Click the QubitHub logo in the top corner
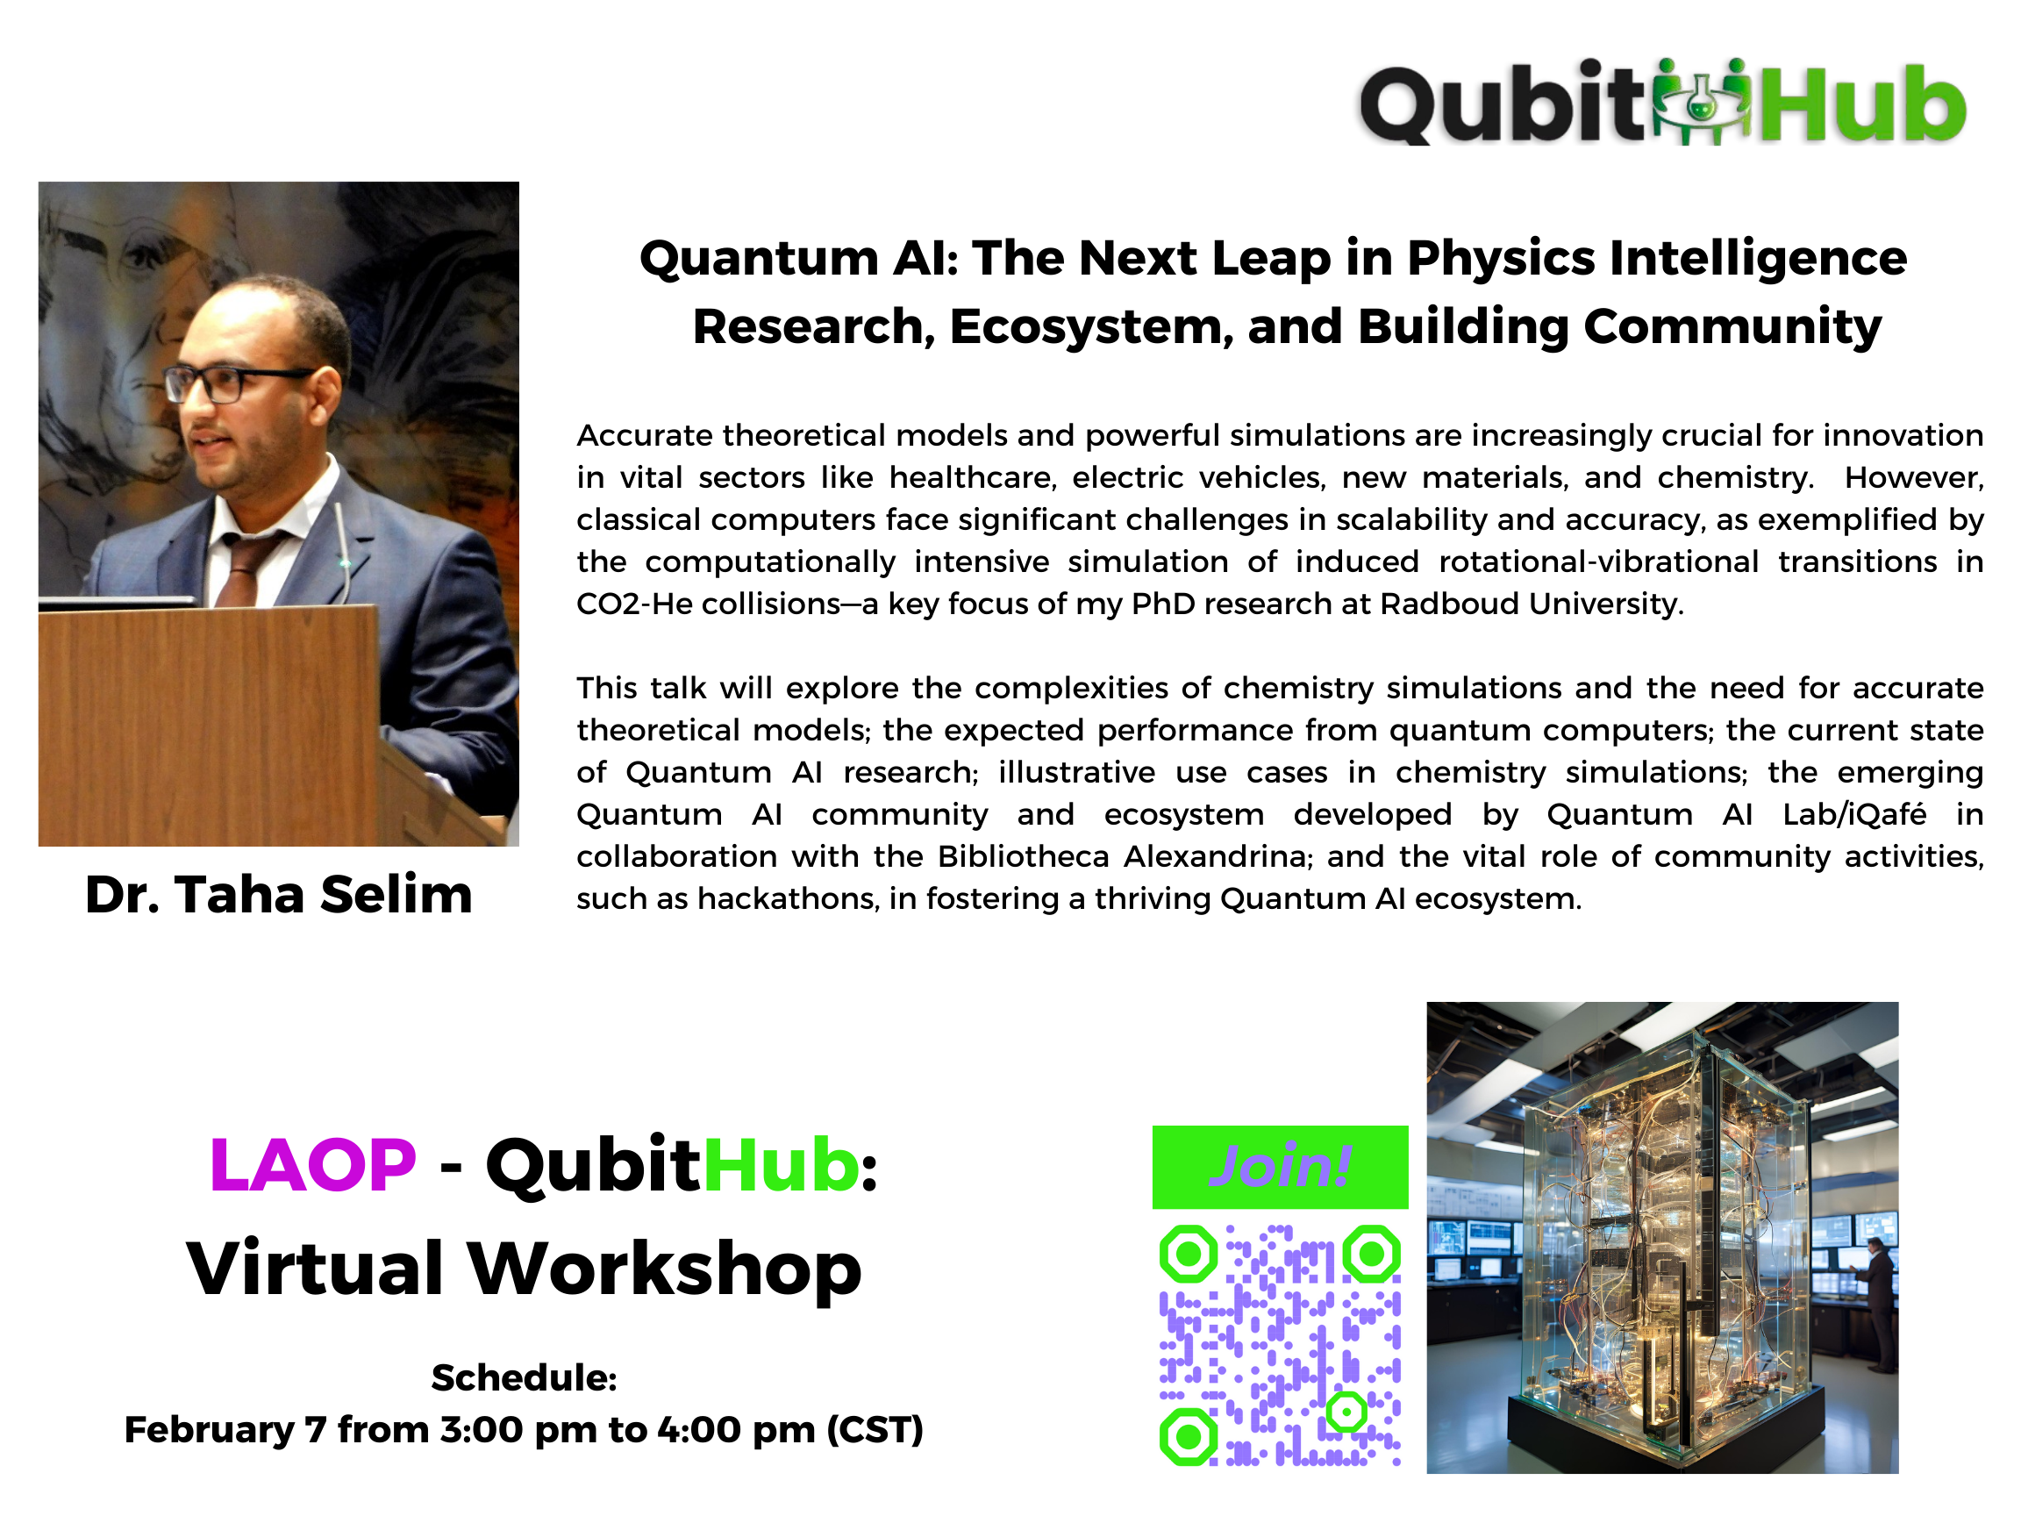(x=1663, y=103)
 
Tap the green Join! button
(x=1280, y=1167)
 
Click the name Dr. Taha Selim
(x=279, y=894)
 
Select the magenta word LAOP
(x=312, y=1165)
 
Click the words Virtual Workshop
(x=525, y=1269)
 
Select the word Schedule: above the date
(x=525, y=1378)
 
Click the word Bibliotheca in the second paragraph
(x=1025, y=857)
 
